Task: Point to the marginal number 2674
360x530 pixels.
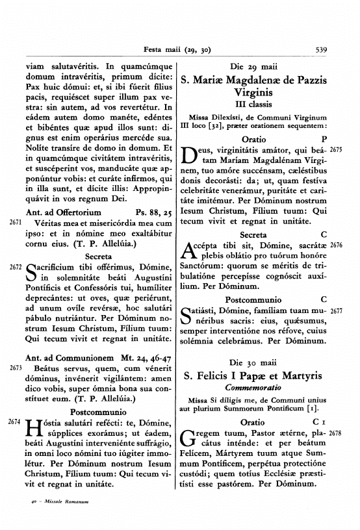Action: click(x=15, y=422)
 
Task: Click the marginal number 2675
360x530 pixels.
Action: click(x=335, y=150)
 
